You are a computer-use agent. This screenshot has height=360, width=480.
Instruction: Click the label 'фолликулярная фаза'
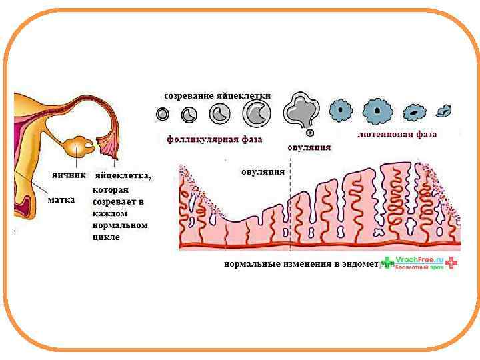point(214,139)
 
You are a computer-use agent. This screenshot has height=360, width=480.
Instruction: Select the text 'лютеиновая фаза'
point(397,135)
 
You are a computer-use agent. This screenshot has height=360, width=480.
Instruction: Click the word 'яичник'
point(69,176)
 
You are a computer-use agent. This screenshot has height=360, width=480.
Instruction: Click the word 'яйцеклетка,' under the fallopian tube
point(123,176)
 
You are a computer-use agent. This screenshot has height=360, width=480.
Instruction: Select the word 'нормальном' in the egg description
point(119,225)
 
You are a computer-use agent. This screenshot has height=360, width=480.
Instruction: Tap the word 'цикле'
point(107,237)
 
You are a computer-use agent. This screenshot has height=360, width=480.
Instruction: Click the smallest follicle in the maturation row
point(163,115)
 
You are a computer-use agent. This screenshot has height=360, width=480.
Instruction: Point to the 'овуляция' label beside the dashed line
point(263,171)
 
